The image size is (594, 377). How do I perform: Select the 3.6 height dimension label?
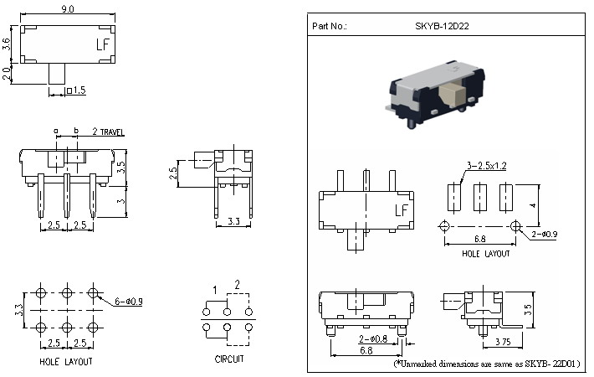(x=7, y=44)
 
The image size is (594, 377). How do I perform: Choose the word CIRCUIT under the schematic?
(x=229, y=359)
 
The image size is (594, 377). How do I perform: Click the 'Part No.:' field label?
(x=329, y=26)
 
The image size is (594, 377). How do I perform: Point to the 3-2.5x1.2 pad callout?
(x=481, y=167)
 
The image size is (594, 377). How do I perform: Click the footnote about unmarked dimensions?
(x=489, y=364)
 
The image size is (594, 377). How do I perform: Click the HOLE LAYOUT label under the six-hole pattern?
(x=66, y=362)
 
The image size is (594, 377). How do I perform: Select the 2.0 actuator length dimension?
(x=7, y=75)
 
